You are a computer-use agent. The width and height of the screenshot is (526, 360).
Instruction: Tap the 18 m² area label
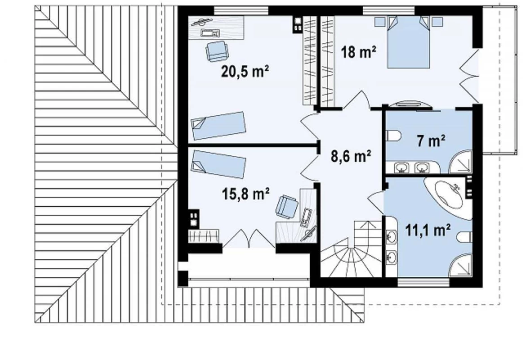click(x=358, y=52)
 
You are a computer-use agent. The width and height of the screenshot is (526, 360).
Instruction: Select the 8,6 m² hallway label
click(x=351, y=156)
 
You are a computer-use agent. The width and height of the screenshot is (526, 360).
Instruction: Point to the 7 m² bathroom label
click(x=431, y=141)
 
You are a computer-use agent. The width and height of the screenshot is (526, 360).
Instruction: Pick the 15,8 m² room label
click(x=245, y=193)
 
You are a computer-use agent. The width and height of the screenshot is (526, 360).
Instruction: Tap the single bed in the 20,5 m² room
click(x=219, y=125)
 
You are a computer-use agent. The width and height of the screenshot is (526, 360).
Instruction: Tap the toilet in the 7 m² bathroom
click(x=393, y=136)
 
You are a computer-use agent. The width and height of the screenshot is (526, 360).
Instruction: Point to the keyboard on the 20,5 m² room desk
click(x=210, y=32)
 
